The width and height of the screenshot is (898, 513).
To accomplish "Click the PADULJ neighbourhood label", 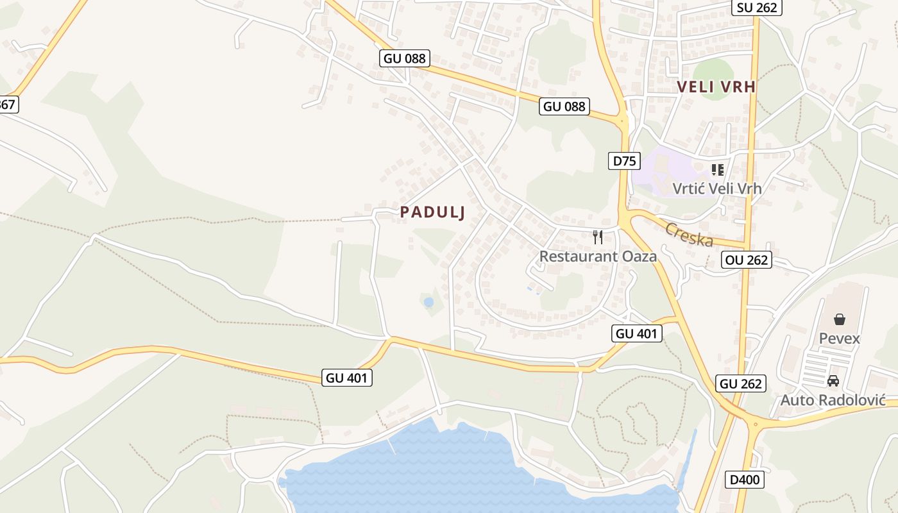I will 432,212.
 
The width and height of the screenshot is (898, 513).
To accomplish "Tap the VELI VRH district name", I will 716,87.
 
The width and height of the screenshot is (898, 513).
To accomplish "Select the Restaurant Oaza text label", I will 598,256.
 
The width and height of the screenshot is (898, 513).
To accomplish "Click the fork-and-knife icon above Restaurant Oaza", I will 598,237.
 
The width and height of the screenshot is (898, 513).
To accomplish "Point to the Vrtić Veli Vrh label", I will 717,189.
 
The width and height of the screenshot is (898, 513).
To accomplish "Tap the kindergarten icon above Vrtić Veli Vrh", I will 717,170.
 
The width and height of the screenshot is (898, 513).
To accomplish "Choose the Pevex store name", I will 839,338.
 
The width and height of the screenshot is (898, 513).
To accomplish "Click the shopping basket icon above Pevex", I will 839,319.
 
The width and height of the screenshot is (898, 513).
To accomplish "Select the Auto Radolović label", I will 833,400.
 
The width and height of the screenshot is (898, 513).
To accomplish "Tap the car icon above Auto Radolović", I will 833,381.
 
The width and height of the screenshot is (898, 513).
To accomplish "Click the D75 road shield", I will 624,161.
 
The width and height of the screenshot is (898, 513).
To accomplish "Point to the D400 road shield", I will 746,479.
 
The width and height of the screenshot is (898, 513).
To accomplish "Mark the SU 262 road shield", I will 757,8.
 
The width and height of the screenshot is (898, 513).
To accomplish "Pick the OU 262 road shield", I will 746,260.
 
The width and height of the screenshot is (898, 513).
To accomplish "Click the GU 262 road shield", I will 741,383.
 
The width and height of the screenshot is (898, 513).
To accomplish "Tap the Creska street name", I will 689,235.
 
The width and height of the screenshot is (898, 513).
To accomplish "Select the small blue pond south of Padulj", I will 428,301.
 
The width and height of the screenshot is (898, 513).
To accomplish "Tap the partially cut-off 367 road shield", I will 8,105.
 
